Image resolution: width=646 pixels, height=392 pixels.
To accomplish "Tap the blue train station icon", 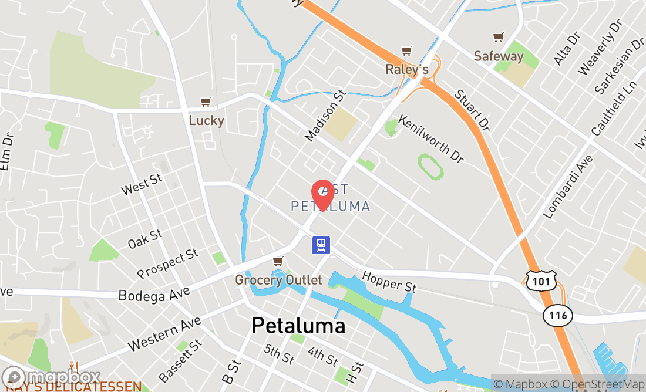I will [x=321, y=245].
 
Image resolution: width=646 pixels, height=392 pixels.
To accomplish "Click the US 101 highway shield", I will [x=537, y=281].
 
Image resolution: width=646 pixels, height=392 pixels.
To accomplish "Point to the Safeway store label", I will [x=499, y=56].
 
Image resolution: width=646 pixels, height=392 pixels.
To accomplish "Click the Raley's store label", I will [x=406, y=69].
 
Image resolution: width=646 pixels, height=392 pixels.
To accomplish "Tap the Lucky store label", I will [x=206, y=120].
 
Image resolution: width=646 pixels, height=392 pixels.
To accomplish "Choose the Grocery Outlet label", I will [x=278, y=280].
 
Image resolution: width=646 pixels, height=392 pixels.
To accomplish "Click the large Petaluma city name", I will [x=298, y=325].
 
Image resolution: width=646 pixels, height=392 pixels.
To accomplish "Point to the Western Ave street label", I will [x=164, y=334].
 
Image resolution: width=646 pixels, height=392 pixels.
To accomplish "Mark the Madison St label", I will [x=324, y=115].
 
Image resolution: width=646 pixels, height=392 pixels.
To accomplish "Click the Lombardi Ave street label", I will [x=568, y=187].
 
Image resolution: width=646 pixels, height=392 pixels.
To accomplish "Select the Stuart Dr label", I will [x=472, y=110].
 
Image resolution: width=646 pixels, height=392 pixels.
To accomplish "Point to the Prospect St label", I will [x=167, y=263].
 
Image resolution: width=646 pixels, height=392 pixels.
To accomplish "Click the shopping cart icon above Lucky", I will [x=206, y=102].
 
